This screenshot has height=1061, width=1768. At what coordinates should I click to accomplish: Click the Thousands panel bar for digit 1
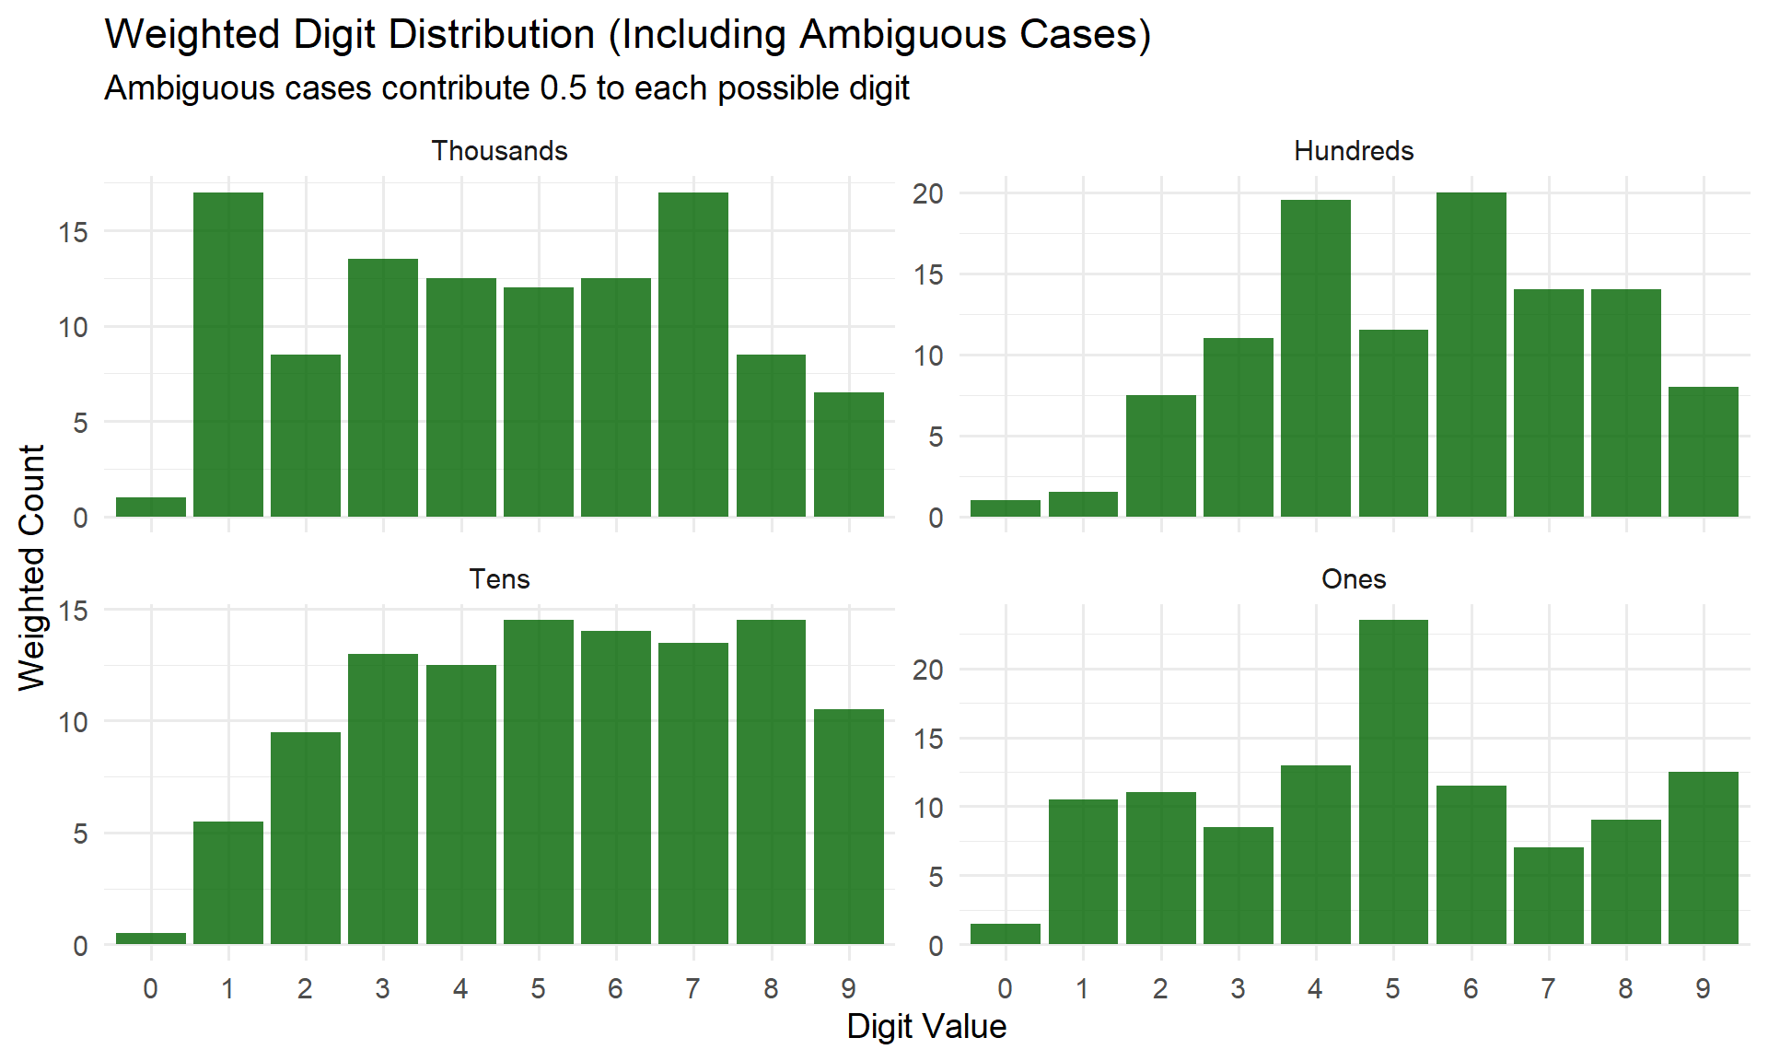click(228, 355)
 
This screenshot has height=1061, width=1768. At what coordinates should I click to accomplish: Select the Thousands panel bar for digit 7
click(693, 355)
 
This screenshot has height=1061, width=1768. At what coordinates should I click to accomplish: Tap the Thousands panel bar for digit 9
click(848, 455)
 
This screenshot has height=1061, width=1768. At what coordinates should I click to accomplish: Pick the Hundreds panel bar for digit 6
click(1471, 355)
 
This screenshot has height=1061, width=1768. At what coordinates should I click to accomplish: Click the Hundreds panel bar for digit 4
click(1316, 358)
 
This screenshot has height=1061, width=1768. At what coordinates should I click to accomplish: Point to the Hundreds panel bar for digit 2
click(1160, 456)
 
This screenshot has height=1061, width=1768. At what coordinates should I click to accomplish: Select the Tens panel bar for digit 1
click(228, 882)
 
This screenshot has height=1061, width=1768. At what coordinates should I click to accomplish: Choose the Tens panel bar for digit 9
click(848, 826)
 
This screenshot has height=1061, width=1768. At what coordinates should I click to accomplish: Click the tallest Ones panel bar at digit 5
click(1393, 782)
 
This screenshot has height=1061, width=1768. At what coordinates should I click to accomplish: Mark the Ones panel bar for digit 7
click(1548, 895)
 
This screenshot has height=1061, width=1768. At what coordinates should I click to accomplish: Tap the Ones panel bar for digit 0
click(1005, 933)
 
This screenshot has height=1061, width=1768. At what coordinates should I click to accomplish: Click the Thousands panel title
click(499, 151)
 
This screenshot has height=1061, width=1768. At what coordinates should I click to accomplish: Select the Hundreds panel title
click(1353, 151)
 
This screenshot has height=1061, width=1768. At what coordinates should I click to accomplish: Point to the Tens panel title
click(499, 579)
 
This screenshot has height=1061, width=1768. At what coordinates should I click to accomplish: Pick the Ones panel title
click(1353, 579)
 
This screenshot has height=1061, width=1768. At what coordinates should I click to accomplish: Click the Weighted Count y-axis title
click(32, 566)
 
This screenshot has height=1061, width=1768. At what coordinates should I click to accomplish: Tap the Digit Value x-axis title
click(926, 1026)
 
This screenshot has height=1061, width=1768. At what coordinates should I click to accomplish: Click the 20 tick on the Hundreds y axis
click(928, 193)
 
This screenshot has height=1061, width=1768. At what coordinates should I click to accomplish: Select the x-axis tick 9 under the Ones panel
click(1703, 989)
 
